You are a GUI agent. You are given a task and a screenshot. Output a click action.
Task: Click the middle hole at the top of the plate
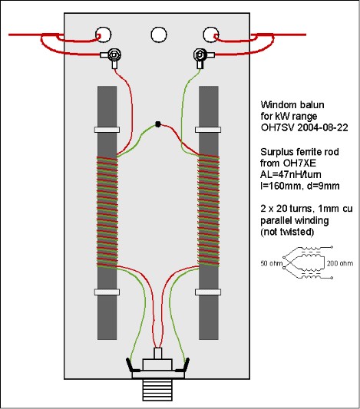click(159, 35)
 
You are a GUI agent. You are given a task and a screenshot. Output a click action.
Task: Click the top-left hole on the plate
click(104, 35)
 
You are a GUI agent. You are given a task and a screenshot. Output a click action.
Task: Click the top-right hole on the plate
click(211, 35)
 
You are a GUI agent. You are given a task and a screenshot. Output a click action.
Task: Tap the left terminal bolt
click(114, 54)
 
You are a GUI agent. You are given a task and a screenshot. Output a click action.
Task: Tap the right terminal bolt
click(200, 54)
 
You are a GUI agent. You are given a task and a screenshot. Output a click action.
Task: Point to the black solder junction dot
click(158, 124)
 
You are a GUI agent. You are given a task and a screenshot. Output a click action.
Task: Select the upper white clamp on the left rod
click(107, 130)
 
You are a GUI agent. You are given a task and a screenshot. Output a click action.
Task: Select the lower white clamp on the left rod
click(107, 292)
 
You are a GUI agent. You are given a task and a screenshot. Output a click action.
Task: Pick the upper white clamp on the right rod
click(208, 130)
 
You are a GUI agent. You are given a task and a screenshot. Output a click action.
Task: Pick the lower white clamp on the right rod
click(208, 292)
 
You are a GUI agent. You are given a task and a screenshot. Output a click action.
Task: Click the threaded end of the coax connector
click(157, 390)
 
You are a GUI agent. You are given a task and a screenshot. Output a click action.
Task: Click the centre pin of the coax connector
click(158, 354)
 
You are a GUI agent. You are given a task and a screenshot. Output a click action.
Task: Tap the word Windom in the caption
click(279, 105)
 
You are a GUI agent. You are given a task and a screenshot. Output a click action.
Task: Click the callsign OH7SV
click(276, 127)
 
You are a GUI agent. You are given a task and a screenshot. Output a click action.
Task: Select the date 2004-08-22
click(322, 127)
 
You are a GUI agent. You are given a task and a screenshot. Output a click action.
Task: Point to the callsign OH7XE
click(299, 163)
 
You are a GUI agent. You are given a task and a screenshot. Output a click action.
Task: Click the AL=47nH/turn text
click(291, 174)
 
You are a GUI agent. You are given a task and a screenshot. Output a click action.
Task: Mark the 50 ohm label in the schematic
click(272, 263)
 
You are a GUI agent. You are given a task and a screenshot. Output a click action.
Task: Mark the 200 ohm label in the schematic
click(340, 263)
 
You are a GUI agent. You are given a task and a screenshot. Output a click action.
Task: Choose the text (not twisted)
click(287, 232)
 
